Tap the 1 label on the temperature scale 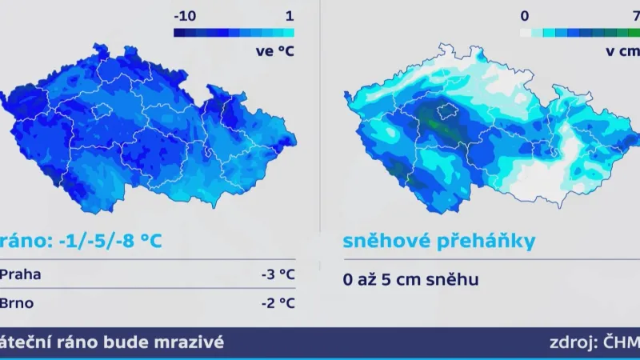coord(289,15)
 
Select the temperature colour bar coord(234,33)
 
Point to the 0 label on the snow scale coord(524,15)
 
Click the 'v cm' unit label coord(623,51)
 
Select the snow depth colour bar coord(579,33)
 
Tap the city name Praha coord(21,275)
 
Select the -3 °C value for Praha coord(278,275)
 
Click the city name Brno coord(17,302)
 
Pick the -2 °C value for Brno coord(278,302)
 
